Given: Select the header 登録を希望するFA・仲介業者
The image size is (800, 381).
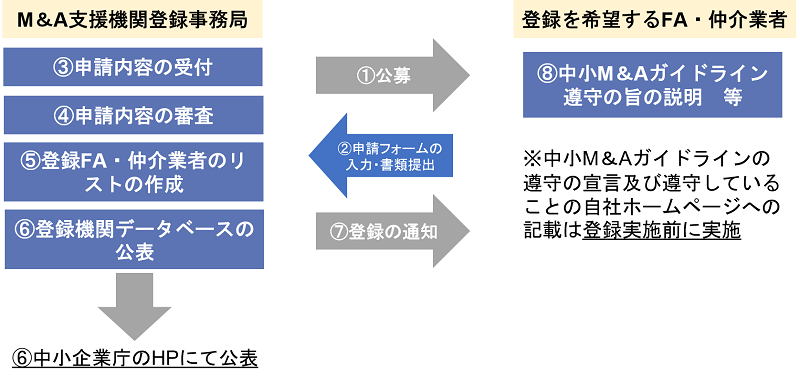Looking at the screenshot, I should click(654, 19).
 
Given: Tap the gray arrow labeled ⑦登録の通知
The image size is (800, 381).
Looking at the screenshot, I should click(390, 230).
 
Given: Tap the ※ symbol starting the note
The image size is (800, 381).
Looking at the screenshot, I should click(532, 159).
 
